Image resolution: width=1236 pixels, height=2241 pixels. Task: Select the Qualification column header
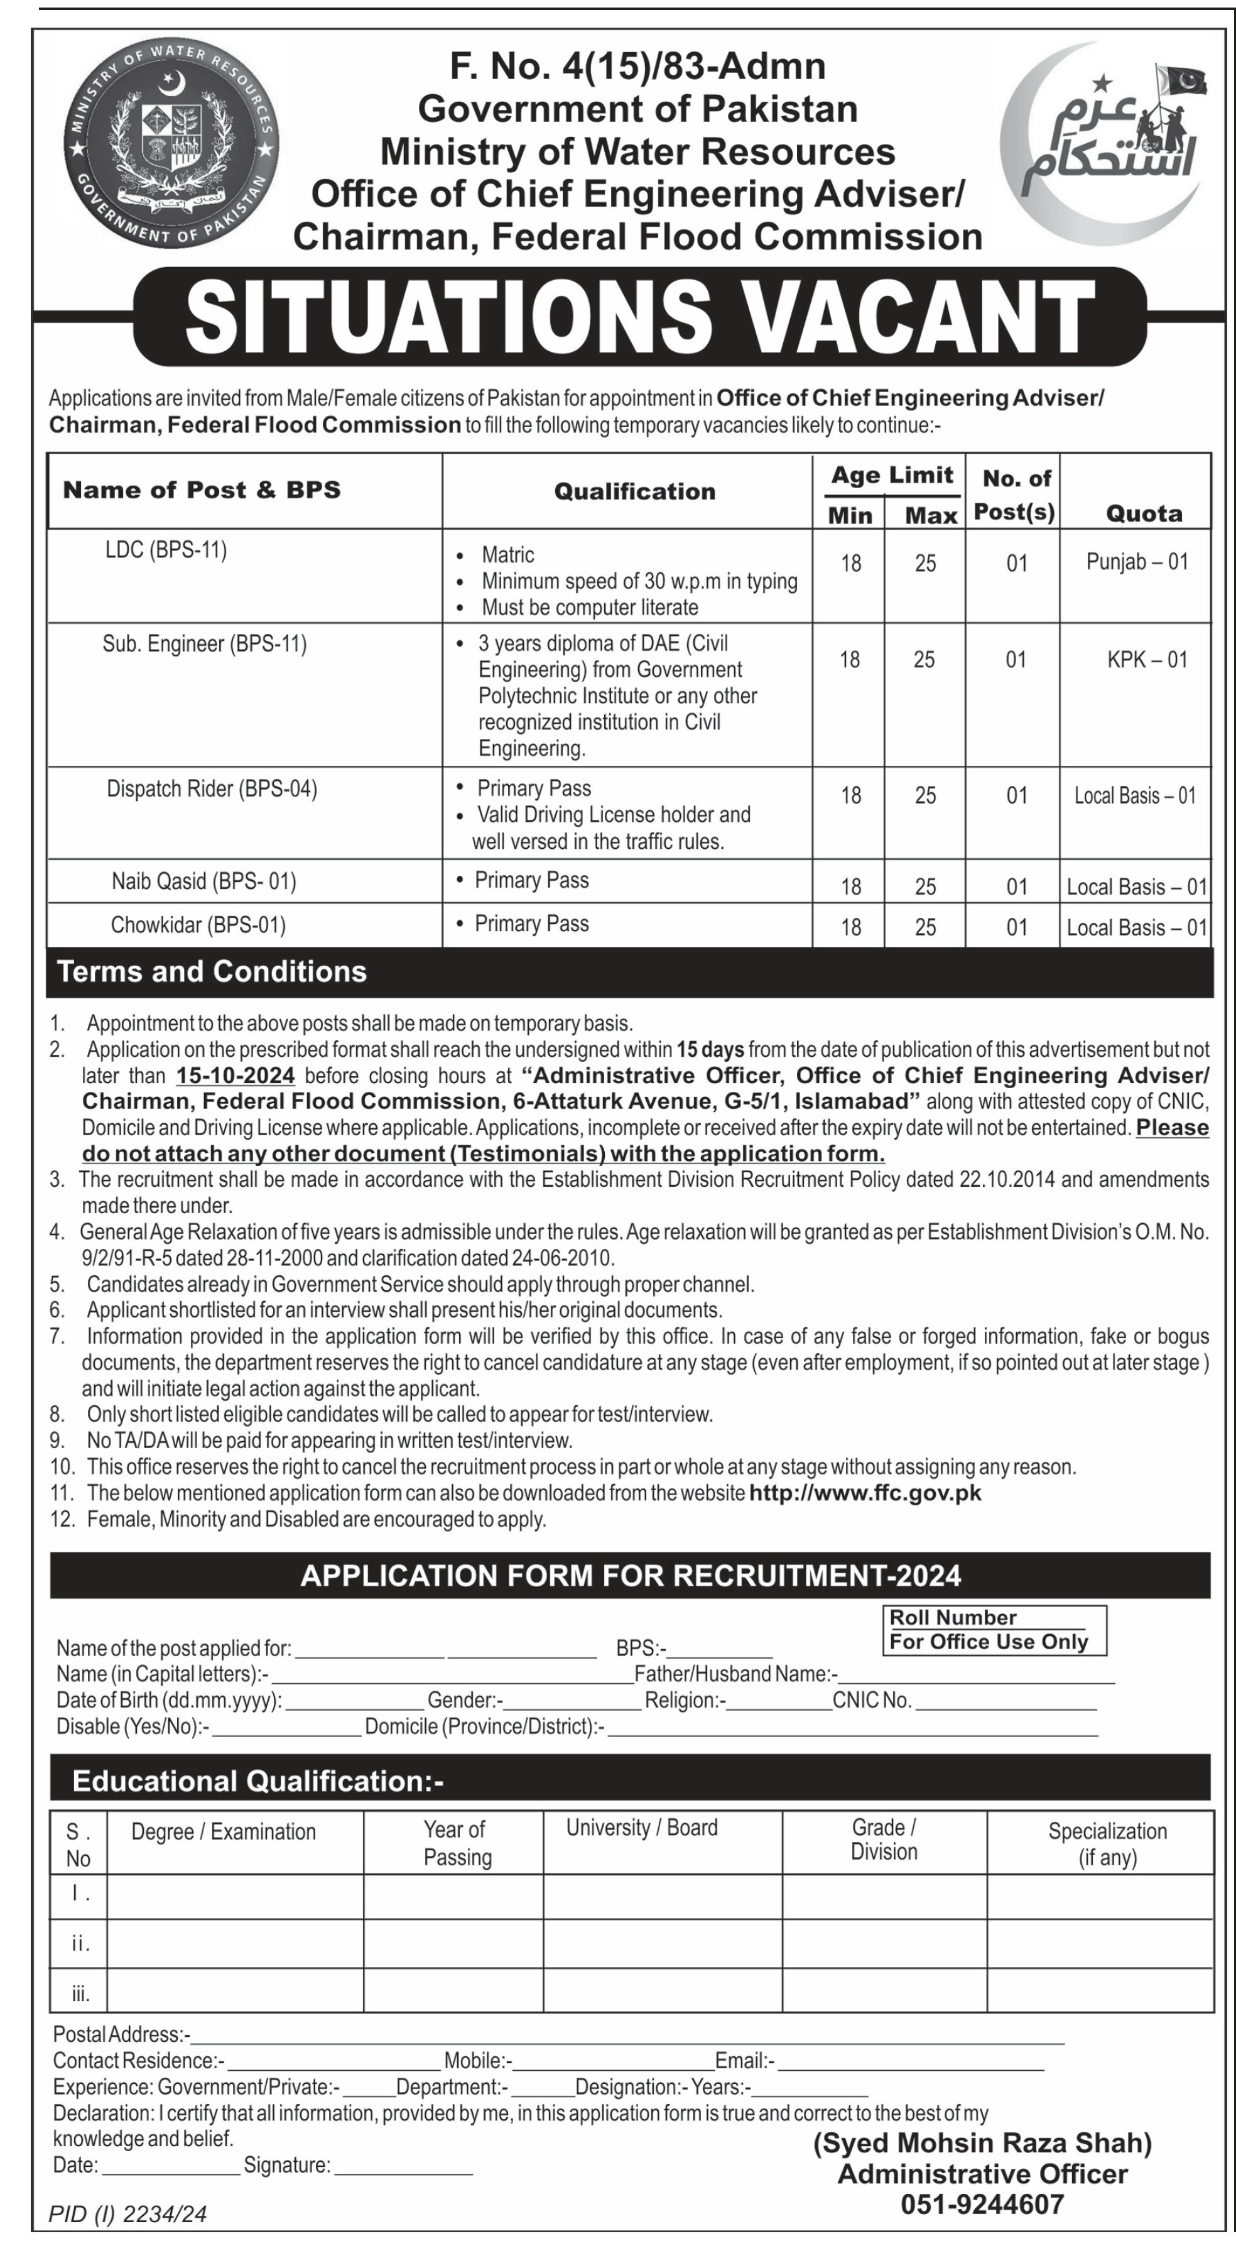click(x=634, y=491)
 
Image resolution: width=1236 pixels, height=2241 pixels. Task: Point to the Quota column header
click(x=1143, y=513)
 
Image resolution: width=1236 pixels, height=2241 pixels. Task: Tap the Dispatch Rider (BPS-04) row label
click(x=212, y=789)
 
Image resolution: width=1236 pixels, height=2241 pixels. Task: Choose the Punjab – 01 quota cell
click(x=1136, y=562)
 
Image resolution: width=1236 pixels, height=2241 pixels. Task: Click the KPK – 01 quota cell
click(x=1146, y=660)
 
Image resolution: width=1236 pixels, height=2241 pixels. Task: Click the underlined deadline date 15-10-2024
click(x=235, y=1075)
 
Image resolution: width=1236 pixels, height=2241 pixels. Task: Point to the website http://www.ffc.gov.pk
click(x=865, y=1493)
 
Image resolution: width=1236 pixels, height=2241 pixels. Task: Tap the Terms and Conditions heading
click(x=212, y=972)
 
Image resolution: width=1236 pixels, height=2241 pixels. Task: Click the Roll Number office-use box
click(x=994, y=1630)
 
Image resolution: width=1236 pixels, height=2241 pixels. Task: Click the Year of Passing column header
click(x=456, y=1843)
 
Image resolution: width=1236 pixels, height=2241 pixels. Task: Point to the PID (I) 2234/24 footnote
click(x=128, y=2212)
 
